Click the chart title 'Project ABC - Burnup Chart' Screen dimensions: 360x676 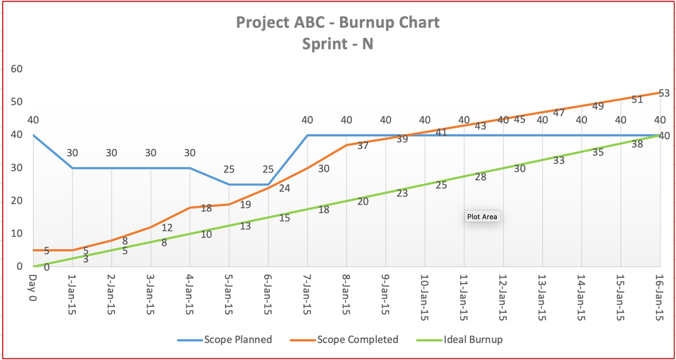pos(338,22)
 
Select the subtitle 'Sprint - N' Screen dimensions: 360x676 pos(338,45)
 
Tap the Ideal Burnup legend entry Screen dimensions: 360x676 pos(467,339)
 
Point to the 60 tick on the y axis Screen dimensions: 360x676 pos(17,69)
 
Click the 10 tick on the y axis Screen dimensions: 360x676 pos(17,233)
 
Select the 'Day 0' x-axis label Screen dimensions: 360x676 pos(32,285)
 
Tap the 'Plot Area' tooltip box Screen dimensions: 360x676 pos(482,217)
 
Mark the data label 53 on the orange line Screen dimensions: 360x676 pos(663,93)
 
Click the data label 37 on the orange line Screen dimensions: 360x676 pos(363,145)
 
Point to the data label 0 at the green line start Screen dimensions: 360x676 pos(46,267)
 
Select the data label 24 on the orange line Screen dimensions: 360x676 pos(284,188)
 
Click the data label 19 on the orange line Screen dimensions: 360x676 pos(245,204)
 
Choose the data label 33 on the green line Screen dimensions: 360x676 pos(559,161)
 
